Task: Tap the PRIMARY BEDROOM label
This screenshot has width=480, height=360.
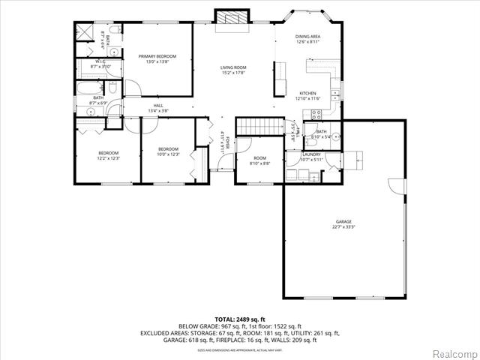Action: (x=157, y=56)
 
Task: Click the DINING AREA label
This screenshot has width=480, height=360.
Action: (x=307, y=36)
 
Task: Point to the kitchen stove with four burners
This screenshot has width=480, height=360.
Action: (x=316, y=115)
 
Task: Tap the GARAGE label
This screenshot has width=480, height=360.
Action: (x=343, y=222)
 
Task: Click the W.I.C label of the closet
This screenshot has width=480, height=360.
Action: (x=100, y=61)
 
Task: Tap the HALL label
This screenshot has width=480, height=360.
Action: (x=158, y=106)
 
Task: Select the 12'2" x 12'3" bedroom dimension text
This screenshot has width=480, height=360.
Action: (x=108, y=158)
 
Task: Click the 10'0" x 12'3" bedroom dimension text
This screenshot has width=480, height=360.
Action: (x=168, y=154)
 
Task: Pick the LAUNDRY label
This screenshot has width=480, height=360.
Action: (x=311, y=154)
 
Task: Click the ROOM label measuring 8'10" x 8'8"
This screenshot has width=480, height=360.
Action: (x=259, y=158)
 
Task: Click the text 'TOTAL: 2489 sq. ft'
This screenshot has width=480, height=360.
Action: (x=240, y=319)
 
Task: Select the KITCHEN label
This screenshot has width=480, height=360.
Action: (x=307, y=93)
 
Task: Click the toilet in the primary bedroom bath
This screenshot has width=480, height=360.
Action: (x=115, y=52)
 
